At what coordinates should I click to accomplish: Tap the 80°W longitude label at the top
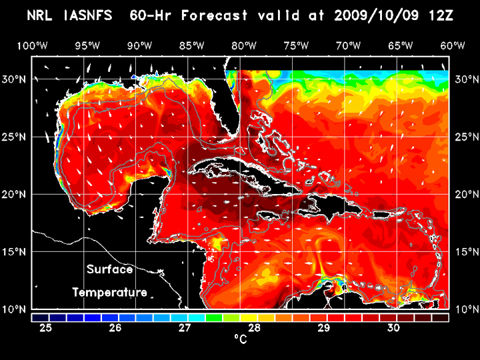click(x=244, y=45)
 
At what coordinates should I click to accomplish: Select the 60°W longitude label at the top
click(x=454, y=45)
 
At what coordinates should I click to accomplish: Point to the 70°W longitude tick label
click(x=349, y=45)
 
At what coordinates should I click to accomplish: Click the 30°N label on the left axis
click(x=16, y=79)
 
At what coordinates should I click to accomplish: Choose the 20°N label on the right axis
click(x=465, y=195)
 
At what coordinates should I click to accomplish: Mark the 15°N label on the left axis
click(x=16, y=252)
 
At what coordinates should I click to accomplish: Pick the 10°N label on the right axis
click(x=465, y=309)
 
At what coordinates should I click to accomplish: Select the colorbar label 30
click(x=394, y=328)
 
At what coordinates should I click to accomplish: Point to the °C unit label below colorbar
click(x=240, y=339)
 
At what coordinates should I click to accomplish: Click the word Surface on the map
click(x=110, y=270)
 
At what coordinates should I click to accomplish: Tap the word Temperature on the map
click(x=109, y=292)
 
